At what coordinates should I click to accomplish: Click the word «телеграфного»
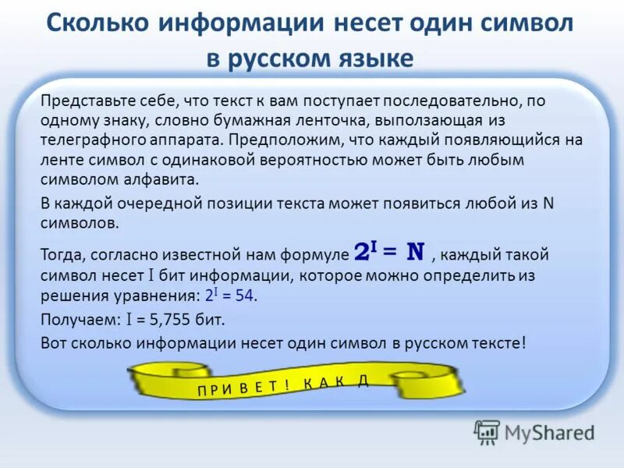click(87, 140)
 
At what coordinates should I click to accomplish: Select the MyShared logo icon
click(487, 431)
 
